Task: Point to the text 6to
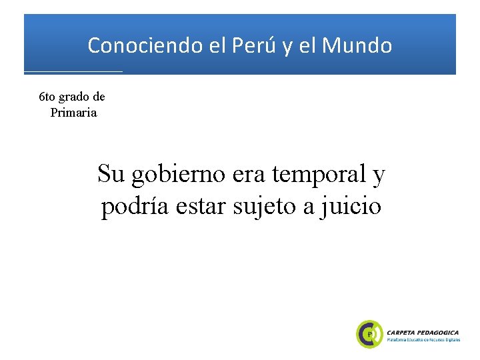(x=48, y=97)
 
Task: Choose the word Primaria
(x=73, y=113)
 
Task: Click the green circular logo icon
(x=369, y=333)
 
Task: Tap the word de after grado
(x=98, y=97)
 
